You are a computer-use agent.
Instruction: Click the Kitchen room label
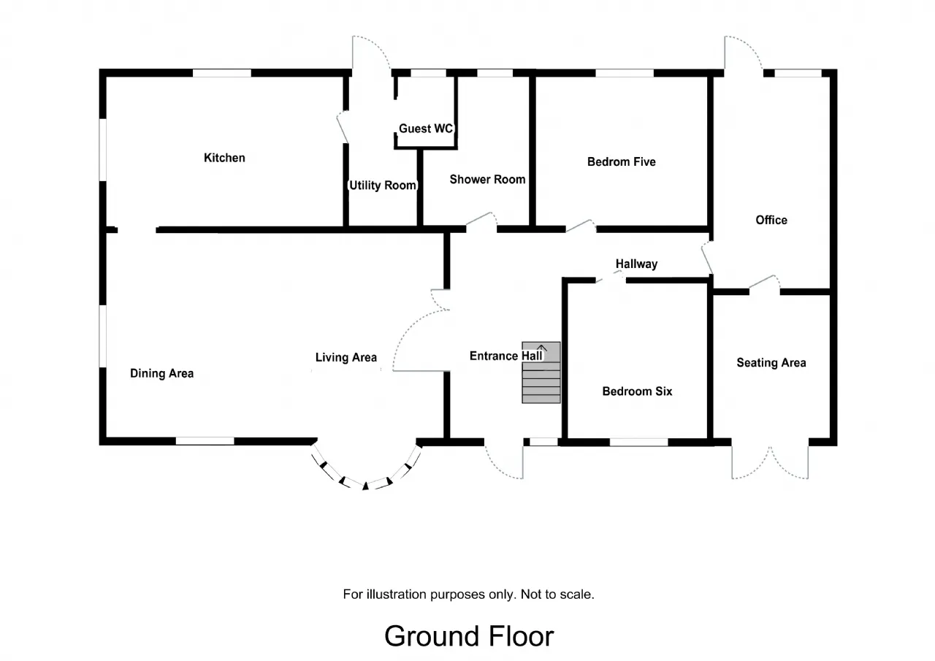224,158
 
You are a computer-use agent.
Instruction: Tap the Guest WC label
426,129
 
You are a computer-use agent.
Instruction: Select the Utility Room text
383,186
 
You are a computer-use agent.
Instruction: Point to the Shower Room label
487,180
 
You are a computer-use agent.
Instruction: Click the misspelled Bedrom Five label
621,162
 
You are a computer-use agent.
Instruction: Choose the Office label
771,220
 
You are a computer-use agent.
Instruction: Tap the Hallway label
636,264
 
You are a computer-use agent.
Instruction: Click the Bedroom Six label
637,391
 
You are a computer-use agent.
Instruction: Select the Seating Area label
771,363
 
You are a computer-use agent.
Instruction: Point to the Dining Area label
162,373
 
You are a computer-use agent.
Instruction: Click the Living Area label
346,358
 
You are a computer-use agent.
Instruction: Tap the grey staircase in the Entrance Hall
541,372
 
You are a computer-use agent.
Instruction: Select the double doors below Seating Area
770,462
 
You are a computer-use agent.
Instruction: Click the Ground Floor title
469,637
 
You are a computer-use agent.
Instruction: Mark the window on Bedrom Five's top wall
625,73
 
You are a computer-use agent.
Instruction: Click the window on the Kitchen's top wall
221,73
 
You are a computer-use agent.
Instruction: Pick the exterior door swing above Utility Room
372,53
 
